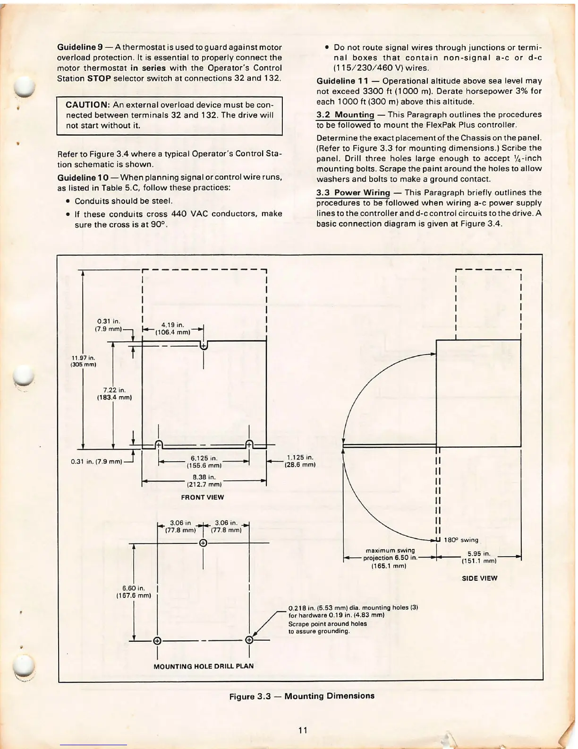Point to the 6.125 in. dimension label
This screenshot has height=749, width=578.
click(204, 462)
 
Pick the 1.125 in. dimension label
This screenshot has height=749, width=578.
click(300, 461)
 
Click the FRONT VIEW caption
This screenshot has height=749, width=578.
click(203, 497)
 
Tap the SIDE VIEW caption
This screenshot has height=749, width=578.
click(479, 578)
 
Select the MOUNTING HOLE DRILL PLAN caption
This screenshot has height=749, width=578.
click(204, 666)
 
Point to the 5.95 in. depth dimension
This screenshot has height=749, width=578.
click(479, 557)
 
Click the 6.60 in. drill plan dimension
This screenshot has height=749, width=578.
click(133, 592)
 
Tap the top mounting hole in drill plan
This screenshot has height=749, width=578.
click(203, 543)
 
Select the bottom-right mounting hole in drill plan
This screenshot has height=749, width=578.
click(249, 641)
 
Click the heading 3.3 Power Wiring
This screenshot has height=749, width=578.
click(353, 192)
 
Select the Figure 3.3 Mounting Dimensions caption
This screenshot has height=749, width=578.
click(301, 696)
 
